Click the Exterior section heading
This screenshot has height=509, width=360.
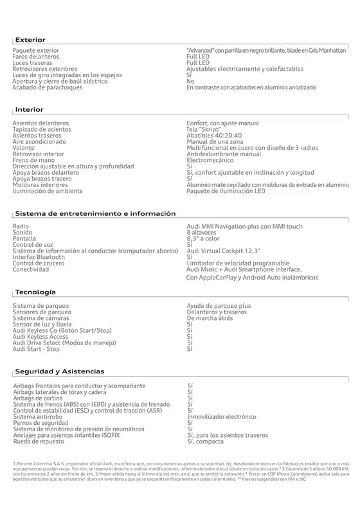click(30, 40)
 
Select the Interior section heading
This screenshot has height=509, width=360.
click(29, 110)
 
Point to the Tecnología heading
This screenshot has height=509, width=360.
click(35, 292)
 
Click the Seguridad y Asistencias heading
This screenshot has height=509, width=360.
click(59, 371)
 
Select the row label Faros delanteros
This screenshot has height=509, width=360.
click(40, 57)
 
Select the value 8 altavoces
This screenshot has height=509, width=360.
click(202, 233)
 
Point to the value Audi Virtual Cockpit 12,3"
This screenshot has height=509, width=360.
click(222, 251)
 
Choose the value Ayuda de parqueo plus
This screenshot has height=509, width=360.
click(219, 306)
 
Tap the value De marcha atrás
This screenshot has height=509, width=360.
click(210, 318)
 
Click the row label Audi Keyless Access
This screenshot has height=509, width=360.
click(40, 337)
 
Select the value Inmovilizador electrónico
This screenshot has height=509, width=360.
click(221, 416)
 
